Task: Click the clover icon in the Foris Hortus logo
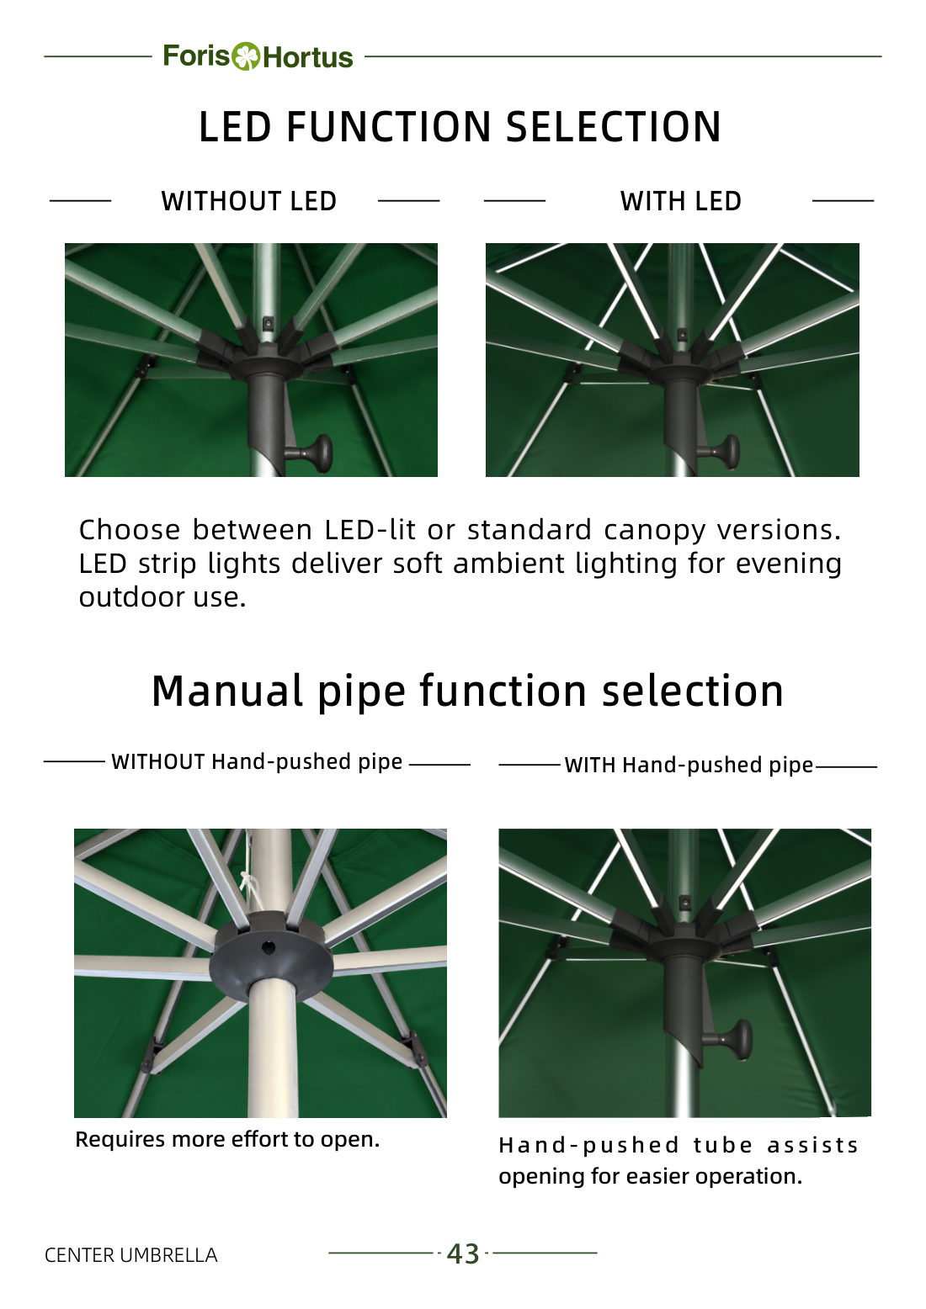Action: (246, 56)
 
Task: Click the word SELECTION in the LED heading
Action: (614, 127)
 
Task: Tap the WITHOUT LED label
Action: (249, 201)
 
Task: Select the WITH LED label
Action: (681, 201)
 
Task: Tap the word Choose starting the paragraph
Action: (130, 530)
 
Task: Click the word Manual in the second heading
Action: (227, 692)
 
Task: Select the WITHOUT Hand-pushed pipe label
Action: (258, 762)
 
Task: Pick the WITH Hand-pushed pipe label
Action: (689, 765)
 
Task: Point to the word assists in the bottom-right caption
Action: (812, 1145)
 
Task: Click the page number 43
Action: (463, 1253)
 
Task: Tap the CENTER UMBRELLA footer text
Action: (131, 1255)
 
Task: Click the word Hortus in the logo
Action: (308, 57)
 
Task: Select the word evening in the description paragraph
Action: (789, 564)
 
